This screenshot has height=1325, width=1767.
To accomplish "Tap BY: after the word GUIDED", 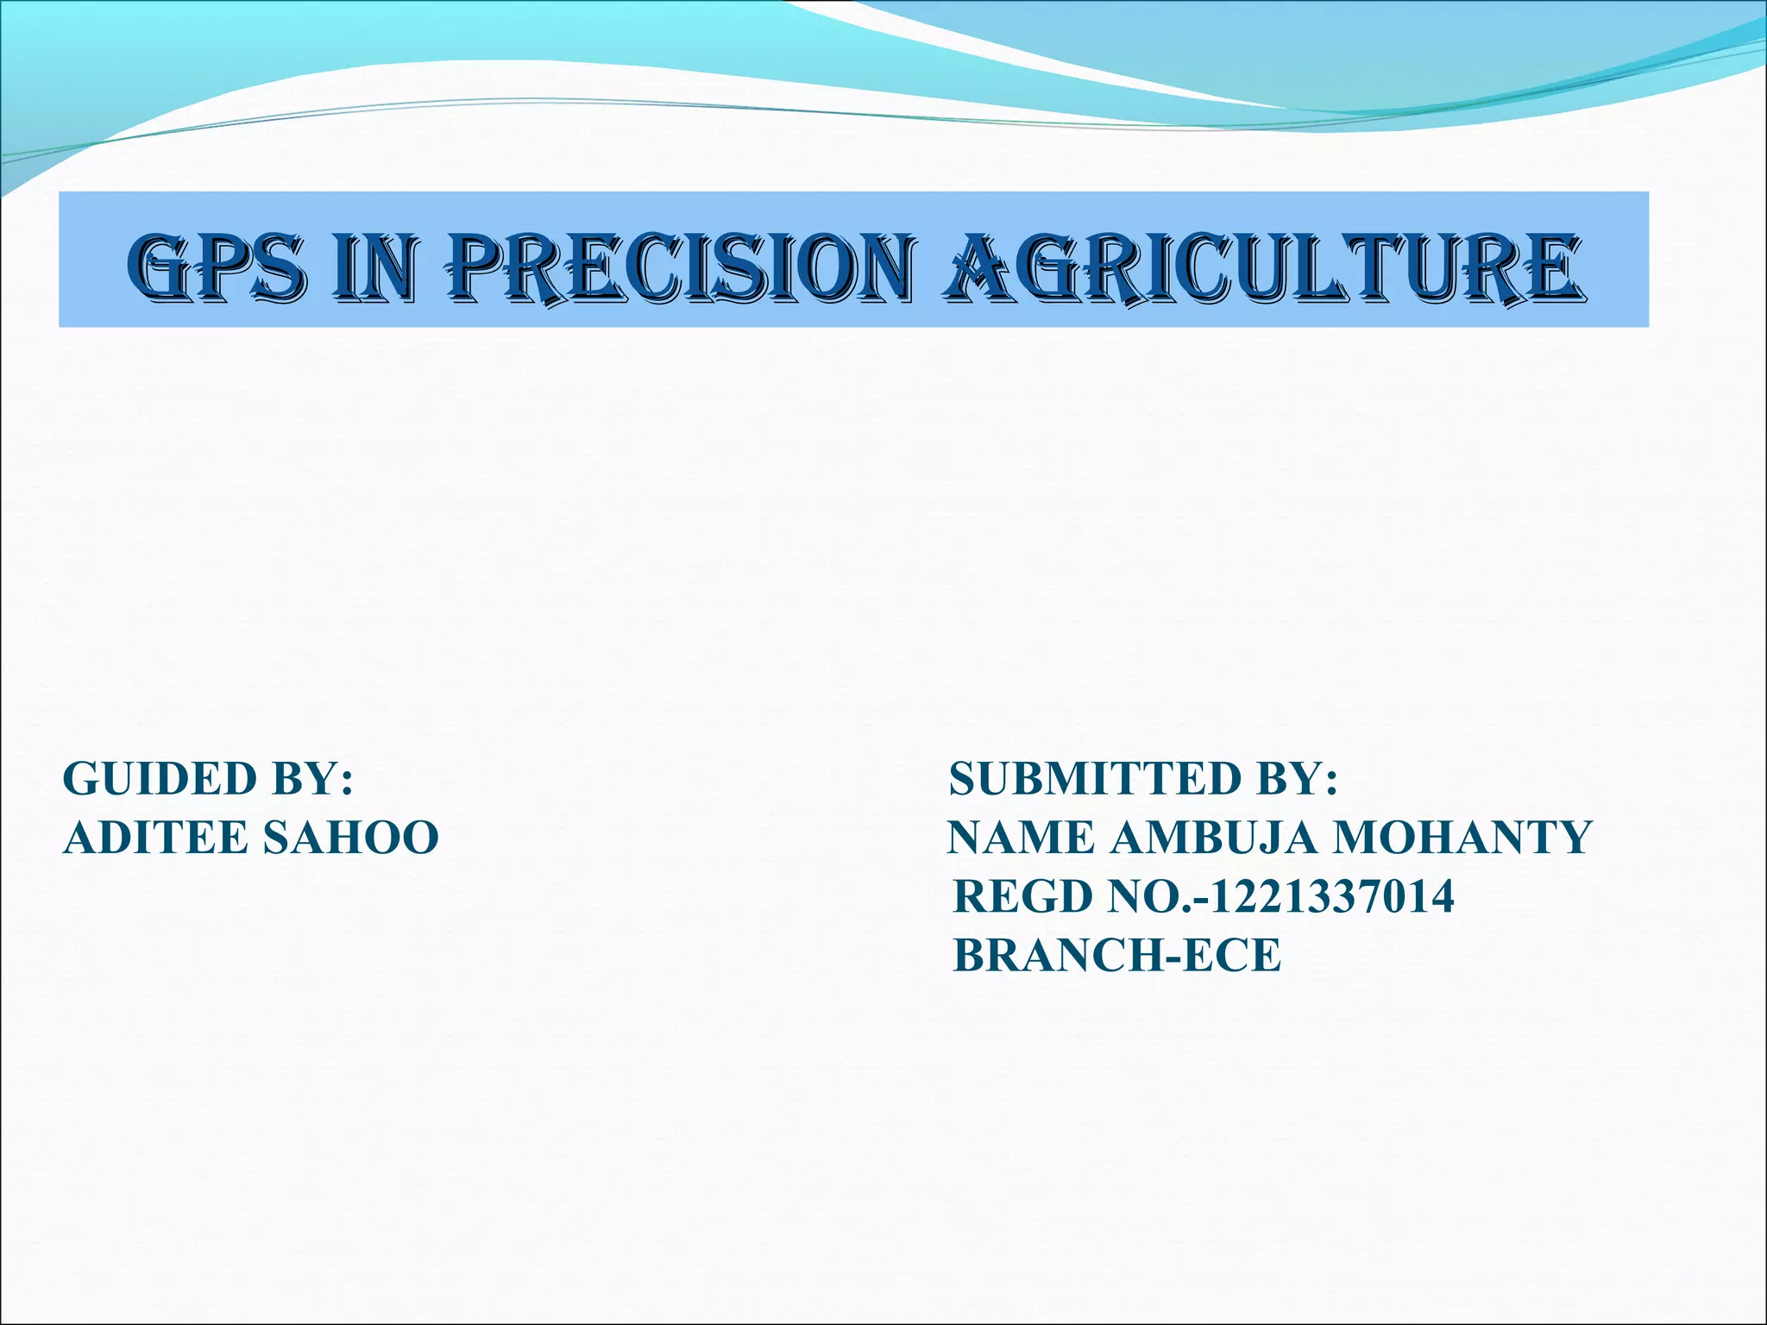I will click(x=312, y=778).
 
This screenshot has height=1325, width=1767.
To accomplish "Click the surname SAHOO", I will click(x=351, y=838).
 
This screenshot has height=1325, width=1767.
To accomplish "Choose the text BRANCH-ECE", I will click(x=1117, y=956).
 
